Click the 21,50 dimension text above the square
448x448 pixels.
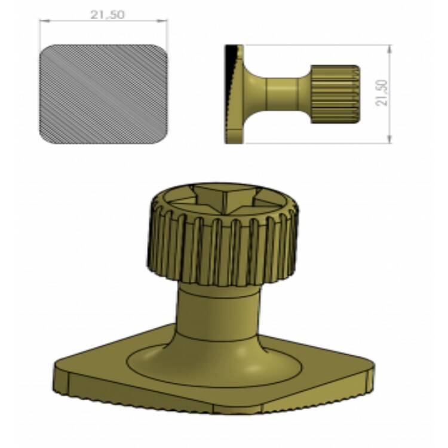(107, 15)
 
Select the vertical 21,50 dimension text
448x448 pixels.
(382, 93)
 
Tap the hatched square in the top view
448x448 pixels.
(103, 94)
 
